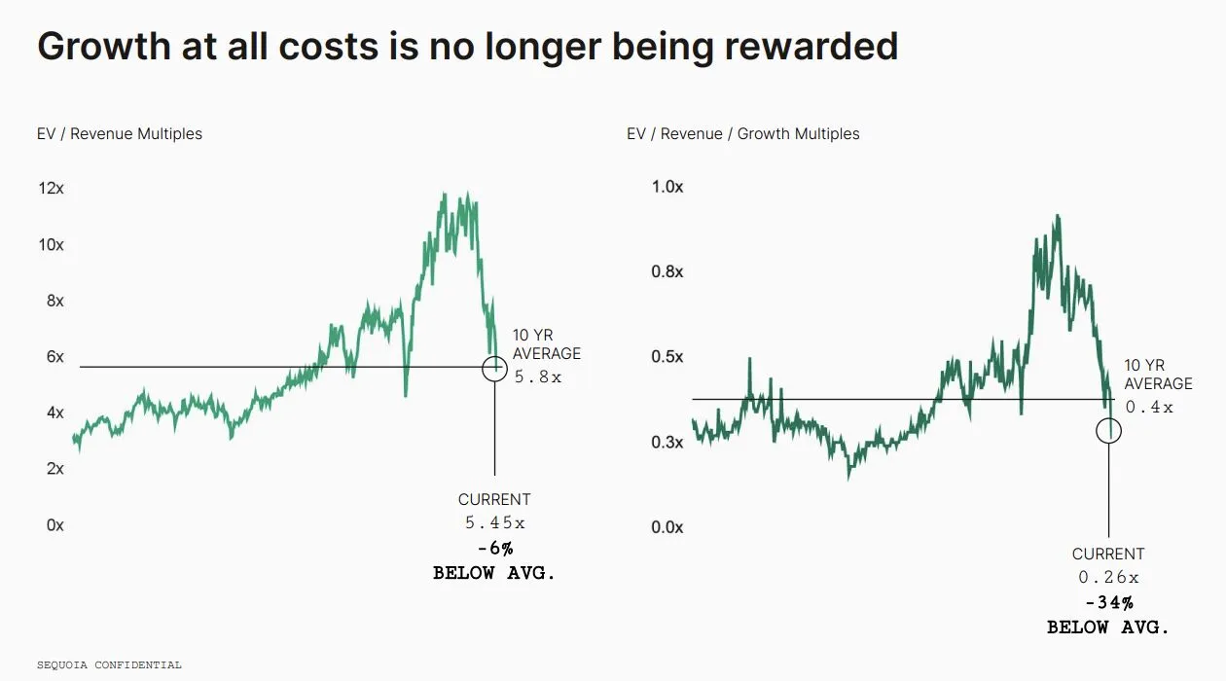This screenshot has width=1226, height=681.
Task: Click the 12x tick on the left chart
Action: (51, 188)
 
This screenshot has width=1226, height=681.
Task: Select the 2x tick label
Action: (54, 468)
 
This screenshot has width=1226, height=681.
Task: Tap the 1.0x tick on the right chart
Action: (667, 187)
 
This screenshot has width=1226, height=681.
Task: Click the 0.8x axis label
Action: (667, 271)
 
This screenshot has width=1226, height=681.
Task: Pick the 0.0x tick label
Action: (667, 527)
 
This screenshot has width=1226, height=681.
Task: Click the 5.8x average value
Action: (538, 376)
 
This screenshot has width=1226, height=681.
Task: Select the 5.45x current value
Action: (494, 522)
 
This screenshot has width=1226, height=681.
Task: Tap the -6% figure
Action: (494, 549)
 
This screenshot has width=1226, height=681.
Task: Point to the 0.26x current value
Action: (1108, 577)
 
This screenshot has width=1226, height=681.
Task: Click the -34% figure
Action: (1108, 603)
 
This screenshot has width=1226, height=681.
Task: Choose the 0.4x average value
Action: (1149, 407)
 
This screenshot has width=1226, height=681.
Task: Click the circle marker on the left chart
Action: (494, 367)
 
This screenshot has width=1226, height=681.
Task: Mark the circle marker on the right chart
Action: (1108, 430)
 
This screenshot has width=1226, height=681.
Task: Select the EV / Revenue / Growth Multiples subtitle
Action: (743, 134)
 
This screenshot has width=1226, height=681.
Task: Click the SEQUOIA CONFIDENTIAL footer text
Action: (109, 665)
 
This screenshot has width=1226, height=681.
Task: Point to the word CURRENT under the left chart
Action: (494, 499)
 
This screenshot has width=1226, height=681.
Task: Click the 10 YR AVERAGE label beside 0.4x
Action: (1158, 375)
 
